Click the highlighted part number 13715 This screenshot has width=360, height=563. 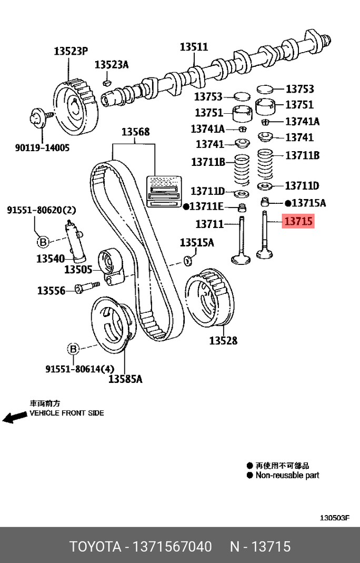click(298, 222)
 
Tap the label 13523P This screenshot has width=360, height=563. click(70, 51)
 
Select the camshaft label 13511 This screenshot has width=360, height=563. click(194, 47)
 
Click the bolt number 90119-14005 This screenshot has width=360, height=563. click(42, 148)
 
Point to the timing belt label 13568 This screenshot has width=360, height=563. click(135, 132)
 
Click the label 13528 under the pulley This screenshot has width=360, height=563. click(223, 341)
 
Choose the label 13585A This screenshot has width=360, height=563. click(125, 379)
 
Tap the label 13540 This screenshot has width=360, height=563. click(50, 259)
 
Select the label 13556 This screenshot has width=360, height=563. click(51, 290)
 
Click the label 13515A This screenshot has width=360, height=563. click(197, 243)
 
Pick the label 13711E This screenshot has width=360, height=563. click(206, 206)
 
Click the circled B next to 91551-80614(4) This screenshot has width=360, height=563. click(73, 349)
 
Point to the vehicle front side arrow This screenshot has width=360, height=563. click(14, 417)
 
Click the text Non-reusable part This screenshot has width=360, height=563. click(287, 475)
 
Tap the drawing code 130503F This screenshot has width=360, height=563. click(335, 518)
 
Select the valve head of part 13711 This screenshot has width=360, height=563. click(241, 259)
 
